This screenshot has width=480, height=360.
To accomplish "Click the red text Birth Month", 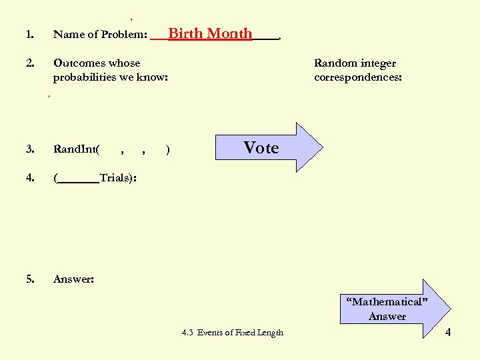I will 210,33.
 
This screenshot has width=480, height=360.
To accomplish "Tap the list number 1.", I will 29,35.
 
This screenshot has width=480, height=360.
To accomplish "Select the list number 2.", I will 29,63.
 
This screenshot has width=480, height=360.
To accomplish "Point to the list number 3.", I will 29,149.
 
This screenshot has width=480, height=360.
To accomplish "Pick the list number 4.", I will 29,178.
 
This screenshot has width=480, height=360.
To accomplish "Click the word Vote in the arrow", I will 261,147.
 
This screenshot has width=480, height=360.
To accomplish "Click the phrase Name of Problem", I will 99,35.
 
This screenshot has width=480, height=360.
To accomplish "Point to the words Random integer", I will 355,63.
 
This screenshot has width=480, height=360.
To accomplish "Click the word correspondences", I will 357,77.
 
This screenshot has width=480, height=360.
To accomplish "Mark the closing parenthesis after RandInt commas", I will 167,150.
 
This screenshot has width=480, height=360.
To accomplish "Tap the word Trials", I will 115,178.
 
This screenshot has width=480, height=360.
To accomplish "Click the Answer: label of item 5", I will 73,279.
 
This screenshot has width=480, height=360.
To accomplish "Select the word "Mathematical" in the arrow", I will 386,302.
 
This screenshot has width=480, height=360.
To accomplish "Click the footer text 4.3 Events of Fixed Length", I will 232,333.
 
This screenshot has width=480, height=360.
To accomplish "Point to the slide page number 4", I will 447,332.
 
